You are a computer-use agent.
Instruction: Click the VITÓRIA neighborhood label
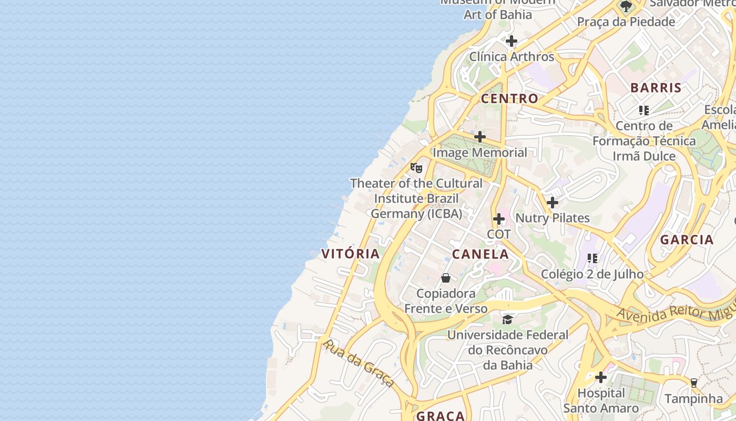coord(350,254)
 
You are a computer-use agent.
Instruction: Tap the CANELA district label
coord(481,254)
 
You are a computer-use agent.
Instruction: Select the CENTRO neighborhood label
coord(509,98)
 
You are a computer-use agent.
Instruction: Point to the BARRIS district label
coord(656,88)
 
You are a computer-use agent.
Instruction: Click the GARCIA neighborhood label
coord(687,239)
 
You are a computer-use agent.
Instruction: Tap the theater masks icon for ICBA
coord(416,168)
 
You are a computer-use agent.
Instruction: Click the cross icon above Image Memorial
coord(480,137)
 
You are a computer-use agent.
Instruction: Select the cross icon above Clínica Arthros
coord(512,41)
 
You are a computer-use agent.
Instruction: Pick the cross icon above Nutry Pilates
coord(553,203)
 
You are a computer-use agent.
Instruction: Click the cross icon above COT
coord(499,219)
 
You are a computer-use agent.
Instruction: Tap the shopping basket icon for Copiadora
coord(446,278)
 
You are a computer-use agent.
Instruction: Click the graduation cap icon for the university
coord(507,319)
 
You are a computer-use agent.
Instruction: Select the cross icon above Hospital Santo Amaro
coord(601,377)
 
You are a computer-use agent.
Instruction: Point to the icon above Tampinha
coord(693,383)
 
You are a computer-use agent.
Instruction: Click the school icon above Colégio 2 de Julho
coord(592,258)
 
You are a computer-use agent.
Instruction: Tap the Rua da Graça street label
coord(359,363)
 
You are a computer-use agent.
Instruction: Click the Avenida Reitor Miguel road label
coord(676,312)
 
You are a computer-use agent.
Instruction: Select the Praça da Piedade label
coord(626,22)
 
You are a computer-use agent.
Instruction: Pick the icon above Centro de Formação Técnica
coord(644,111)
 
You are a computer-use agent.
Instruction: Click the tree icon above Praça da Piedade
coord(626,6)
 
